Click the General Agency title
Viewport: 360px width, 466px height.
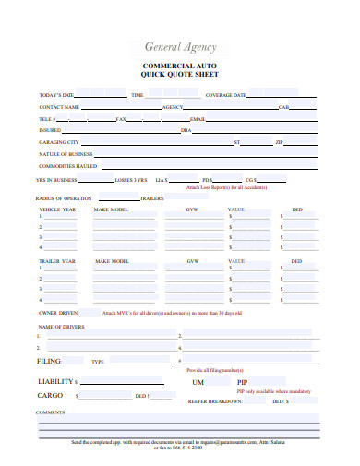pos(180,47)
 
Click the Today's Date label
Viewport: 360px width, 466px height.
pos(55,95)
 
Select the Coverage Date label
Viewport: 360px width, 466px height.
pos(225,95)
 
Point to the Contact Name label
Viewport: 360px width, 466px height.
pos(59,107)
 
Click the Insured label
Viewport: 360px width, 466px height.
pos(50,130)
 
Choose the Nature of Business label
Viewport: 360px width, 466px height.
pos(64,154)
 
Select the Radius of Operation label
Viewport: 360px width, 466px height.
pos(63,198)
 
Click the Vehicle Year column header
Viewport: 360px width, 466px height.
pos(57,210)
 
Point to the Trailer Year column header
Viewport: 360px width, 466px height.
pos(57,261)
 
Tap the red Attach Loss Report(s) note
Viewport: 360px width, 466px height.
pos(226,187)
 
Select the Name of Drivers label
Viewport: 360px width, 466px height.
pos(61,328)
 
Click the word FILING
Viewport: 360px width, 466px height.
pos(49,361)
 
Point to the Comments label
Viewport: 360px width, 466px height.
pos(50,412)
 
